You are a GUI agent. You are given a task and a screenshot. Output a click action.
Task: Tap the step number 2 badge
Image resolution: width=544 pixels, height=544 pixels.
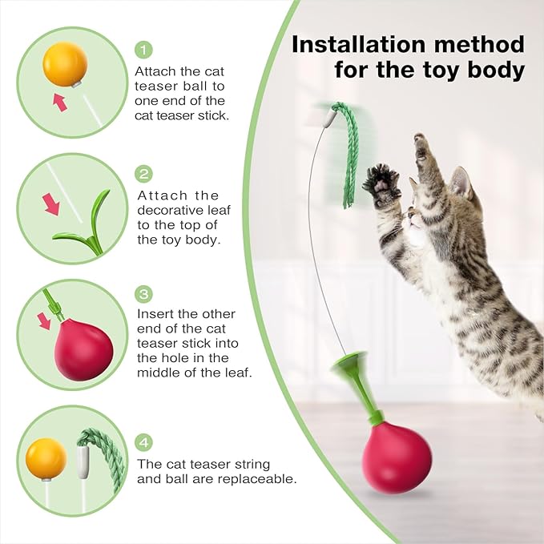tap(144, 173)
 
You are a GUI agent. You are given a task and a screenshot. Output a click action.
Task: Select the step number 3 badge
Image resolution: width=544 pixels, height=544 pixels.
tap(144, 293)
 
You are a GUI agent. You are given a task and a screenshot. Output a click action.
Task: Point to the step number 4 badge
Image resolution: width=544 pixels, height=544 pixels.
tap(144, 442)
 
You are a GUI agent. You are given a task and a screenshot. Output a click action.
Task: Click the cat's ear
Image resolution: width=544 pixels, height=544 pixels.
tap(460, 183)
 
